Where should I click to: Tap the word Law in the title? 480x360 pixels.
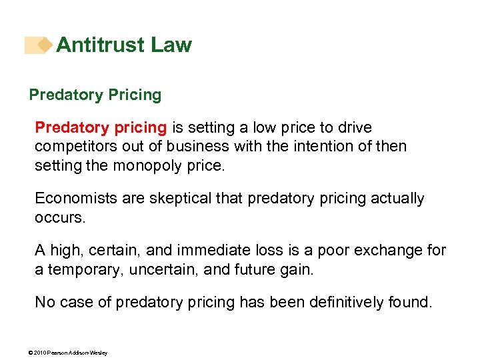[171, 45]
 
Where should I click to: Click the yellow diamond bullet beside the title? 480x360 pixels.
[45, 45]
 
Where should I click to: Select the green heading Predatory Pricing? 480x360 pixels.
[95, 95]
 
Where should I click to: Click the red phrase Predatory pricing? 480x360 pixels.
[101, 127]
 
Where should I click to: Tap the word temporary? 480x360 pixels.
[86, 269]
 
